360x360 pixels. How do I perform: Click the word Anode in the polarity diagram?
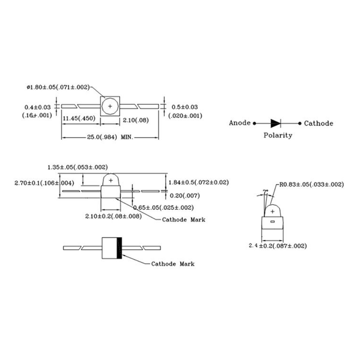(x=239, y=123)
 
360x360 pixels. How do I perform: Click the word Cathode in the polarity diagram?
(x=319, y=123)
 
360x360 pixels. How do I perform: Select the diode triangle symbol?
(x=275, y=123)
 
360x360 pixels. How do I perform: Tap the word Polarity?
(x=278, y=135)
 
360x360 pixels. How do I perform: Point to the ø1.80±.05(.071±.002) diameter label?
(x=58, y=87)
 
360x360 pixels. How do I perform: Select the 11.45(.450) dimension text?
(x=77, y=118)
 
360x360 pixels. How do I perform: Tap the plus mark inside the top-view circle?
(x=110, y=106)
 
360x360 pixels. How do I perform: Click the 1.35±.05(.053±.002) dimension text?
(x=77, y=167)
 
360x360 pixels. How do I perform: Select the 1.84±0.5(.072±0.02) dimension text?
(x=198, y=182)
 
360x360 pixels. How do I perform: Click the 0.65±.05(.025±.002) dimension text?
(x=164, y=207)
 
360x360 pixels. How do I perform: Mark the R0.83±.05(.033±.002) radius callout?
(x=312, y=184)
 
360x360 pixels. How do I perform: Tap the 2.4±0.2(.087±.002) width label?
(x=277, y=246)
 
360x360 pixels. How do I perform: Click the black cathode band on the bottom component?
(x=119, y=248)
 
